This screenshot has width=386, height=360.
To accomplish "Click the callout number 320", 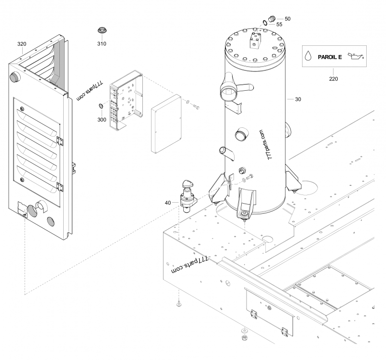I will click(22, 44).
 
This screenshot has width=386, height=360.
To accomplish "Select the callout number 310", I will click(101, 44).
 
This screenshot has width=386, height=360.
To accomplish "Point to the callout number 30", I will click(298, 99).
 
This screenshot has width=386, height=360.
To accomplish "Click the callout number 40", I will click(167, 203).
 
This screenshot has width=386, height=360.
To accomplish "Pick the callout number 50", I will click(288, 18).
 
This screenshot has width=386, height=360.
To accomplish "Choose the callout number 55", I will click(279, 24).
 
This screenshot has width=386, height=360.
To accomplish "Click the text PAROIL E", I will click(330, 57).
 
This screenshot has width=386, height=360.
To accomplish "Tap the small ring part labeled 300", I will click(101, 106).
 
